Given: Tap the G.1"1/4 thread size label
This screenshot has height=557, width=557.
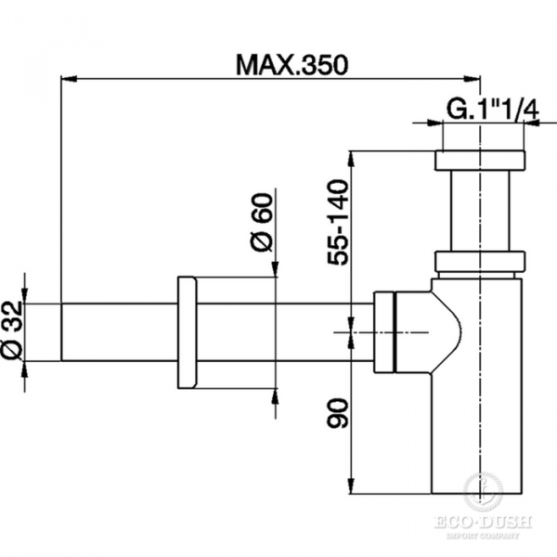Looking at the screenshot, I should [492, 109].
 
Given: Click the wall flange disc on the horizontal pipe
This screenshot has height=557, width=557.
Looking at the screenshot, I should [186, 332].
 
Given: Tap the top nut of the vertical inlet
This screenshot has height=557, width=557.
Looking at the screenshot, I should [478, 162].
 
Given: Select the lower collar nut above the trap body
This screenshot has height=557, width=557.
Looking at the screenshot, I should [478, 263].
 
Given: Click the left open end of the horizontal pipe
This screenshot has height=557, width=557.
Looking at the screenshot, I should [63, 332].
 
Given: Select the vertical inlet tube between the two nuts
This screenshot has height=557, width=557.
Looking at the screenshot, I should [478, 212].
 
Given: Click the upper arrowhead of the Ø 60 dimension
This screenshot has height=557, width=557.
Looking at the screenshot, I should [275, 271].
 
